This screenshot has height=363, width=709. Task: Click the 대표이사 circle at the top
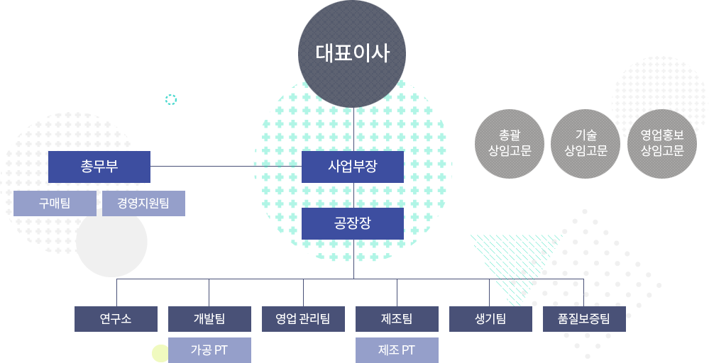pos(352,54)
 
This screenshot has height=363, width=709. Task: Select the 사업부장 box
pos(353,167)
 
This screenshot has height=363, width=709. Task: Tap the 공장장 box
pos(353,223)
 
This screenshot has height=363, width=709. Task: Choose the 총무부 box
pos(99,167)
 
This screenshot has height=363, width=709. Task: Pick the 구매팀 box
pos(55,203)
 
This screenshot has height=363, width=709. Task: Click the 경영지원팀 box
pos(143,203)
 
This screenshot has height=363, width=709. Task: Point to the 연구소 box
pos(116,319)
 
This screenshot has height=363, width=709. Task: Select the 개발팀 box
pos(209,319)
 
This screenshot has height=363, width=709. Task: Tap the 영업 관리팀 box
pos(304,319)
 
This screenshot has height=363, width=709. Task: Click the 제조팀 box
pos(397,319)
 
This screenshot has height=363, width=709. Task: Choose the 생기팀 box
pos(490,319)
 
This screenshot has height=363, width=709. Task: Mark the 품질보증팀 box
pos(584,319)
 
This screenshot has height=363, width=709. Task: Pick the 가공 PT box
pos(209,350)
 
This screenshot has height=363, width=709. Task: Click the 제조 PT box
pos(397,350)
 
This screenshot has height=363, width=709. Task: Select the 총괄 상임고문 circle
pos(510,144)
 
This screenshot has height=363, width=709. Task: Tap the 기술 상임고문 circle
pos(586,144)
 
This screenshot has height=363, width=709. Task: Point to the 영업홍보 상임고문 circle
pos(662,144)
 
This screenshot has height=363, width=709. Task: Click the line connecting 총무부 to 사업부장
pos(226,166)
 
